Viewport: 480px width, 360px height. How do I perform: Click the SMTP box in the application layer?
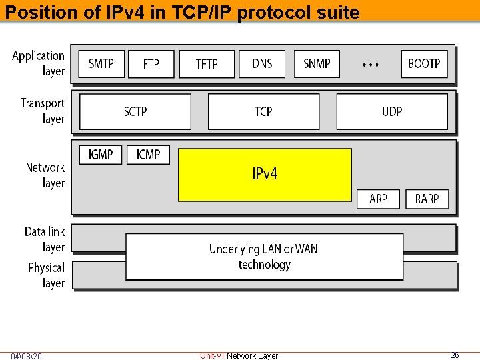click(101, 64)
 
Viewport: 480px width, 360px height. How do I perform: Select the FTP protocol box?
click(151, 64)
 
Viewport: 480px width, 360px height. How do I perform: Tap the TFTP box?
click(207, 64)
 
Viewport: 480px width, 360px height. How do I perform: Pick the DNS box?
click(263, 64)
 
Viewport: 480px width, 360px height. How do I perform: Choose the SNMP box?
click(317, 64)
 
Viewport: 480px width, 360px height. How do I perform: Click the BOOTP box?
click(424, 64)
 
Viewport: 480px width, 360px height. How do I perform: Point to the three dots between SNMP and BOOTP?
click(371, 65)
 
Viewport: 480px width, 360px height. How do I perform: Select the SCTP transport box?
click(135, 111)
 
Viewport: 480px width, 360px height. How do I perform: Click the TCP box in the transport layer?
click(264, 111)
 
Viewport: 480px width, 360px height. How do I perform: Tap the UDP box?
click(392, 111)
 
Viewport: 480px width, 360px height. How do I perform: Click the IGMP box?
click(101, 155)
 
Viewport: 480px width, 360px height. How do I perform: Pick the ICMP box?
click(148, 155)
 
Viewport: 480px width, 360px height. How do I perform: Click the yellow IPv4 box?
click(265, 175)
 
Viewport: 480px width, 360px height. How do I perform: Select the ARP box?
click(378, 199)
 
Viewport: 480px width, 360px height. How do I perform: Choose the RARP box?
click(427, 199)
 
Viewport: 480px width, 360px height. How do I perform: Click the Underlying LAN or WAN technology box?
click(264, 257)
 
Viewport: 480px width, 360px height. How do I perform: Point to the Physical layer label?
click(47, 275)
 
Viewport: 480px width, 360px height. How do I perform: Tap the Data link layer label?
click(45, 239)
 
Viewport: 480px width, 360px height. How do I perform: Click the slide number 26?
click(455, 355)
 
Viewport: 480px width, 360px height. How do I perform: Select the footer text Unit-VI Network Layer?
click(239, 356)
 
